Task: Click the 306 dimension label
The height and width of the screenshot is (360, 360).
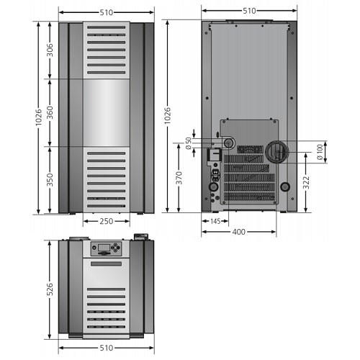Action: click(50, 50)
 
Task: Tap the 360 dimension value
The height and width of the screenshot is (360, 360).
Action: click(50, 112)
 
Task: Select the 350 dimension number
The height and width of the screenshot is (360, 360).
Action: click(50, 180)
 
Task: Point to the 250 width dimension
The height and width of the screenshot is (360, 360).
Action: click(107, 221)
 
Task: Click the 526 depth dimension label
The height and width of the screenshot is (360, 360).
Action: click(50, 289)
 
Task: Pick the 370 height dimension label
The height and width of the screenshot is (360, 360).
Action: click(179, 178)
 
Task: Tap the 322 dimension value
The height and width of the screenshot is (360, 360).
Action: click(306, 183)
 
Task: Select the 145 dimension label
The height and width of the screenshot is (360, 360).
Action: click(215, 221)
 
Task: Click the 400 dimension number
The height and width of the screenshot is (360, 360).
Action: click(239, 232)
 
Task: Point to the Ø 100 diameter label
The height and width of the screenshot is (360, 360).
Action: click(320, 152)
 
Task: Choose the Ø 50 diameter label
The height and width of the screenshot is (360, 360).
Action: click(189, 143)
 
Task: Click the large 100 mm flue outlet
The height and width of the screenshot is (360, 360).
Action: click(277, 152)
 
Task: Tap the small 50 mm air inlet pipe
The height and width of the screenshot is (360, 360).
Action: click(228, 143)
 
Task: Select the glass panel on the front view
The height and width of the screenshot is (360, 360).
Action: click(107, 112)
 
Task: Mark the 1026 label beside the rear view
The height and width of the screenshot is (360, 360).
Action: click(167, 115)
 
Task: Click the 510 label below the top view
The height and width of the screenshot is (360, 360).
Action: click(107, 348)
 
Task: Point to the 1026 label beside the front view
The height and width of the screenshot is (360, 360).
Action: click(38, 117)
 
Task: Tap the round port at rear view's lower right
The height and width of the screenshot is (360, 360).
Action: click(285, 186)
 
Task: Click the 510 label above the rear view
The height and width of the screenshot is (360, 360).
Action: click(249, 11)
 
